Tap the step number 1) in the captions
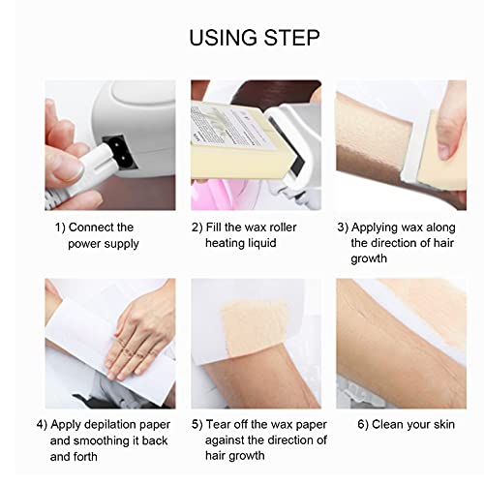(60, 227)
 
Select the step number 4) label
(43, 424)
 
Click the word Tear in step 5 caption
(225, 424)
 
